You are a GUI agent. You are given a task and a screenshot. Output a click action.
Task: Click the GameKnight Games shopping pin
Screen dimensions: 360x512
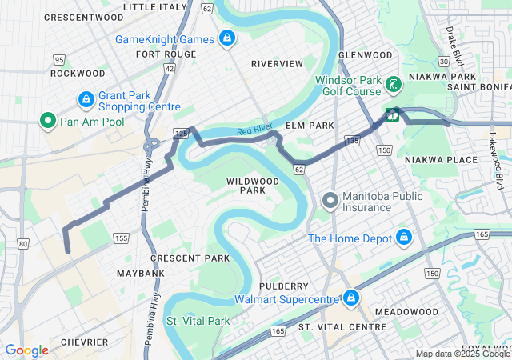pyautogui.click(x=227, y=38)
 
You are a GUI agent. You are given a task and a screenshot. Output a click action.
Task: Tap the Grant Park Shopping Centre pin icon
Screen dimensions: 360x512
pyautogui.click(x=86, y=100)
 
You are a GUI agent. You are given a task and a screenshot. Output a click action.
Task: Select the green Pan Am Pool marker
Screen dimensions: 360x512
pyautogui.click(x=47, y=121)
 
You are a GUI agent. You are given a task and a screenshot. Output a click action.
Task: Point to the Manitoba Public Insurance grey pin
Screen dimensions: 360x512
pyautogui.click(x=329, y=200)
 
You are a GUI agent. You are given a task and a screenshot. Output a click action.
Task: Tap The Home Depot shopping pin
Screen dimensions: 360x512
pyautogui.click(x=404, y=238)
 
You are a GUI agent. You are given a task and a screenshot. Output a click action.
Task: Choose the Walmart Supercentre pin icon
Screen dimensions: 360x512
pyautogui.click(x=350, y=299)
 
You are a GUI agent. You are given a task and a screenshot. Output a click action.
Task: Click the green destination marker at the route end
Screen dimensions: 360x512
pyautogui.click(x=392, y=114)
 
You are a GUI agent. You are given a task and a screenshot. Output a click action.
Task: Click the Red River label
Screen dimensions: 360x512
pyautogui.click(x=255, y=131)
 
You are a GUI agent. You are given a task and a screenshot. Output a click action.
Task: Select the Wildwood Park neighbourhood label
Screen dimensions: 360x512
pyautogui.click(x=253, y=186)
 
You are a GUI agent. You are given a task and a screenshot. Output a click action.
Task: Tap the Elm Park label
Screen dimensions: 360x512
pyautogui.click(x=310, y=126)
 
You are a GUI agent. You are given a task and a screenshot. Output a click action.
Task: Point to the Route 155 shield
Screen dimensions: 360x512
pyautogui.click(x=121, y=238)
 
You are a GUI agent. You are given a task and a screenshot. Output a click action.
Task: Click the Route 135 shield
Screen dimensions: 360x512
pyautogui.click(x=352, y=141)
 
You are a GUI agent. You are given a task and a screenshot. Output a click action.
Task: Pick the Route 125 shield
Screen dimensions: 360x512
pyautogui.click(x=180, y=131)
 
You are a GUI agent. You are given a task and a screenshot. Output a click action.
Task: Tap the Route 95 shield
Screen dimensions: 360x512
pyautogui.click(x=58, y=59)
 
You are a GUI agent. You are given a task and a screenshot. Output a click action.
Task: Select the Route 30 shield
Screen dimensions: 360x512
pyautogui.click(x=443, y=60)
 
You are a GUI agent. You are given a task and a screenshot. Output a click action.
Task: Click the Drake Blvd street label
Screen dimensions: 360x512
pyautogui.click(x=454, y=46)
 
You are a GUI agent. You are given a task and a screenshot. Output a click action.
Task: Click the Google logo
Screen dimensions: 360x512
pyautogui.click(x=26, y=350)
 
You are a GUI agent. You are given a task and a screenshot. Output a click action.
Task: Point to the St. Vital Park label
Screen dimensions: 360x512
pyautogui.click(x=198, y=321)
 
